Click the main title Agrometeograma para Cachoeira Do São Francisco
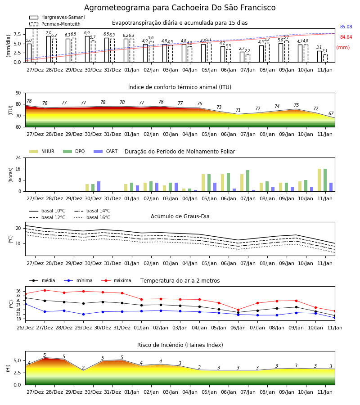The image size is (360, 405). coord(180,8)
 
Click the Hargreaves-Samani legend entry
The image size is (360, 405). coord(57,17)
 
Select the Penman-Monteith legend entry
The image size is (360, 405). coord(55,24)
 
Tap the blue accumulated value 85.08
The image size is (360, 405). coord(346,27)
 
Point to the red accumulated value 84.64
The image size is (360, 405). coord(346,37)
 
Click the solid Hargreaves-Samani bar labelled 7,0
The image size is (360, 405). coord(49,49)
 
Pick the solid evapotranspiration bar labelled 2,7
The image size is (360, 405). coord(242,57)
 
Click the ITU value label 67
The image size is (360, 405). coord(331,113)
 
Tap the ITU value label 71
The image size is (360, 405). coord(238,110)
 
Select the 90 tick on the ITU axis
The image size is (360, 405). coord(18,93)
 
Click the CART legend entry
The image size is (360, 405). coord(106,151)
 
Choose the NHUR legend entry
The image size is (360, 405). coord(42,151)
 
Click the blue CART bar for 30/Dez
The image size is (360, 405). coord(99,186)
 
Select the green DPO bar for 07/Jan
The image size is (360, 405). coord(247,181)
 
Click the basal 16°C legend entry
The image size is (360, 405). coord(92,217)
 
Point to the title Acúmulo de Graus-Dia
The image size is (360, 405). coord(180,216)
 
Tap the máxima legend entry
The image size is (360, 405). coord(116,280)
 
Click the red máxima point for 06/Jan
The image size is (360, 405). coord(238,310)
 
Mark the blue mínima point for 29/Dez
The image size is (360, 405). coord(83,315)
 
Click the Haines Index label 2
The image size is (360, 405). coord(83,368)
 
